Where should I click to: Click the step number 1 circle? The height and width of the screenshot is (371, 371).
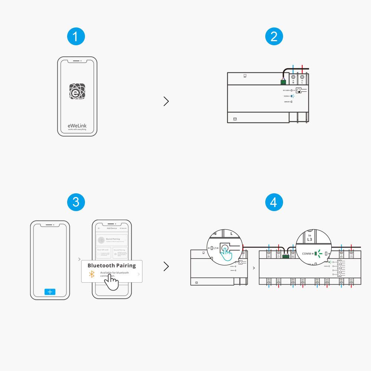(76, 37)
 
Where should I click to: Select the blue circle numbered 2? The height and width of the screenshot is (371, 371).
(274, 37)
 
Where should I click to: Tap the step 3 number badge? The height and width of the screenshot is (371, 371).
(76, 202)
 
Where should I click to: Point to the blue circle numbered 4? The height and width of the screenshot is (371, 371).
(274, 202)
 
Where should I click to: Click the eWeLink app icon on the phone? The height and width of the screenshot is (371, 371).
(77, 91)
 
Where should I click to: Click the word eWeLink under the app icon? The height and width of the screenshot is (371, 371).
(77, 126)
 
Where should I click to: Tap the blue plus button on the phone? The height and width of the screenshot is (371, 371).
(50, 292)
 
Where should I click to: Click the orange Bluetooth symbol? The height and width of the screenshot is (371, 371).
(92, 275)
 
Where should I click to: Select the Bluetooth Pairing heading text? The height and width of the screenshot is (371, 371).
(111, 266)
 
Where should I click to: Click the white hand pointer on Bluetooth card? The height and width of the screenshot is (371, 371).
(111, 282)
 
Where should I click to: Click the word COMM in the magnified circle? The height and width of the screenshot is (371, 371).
(307, 254)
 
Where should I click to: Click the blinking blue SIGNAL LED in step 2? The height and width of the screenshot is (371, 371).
(292, 96)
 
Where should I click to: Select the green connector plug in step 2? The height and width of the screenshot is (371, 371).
(283, 82)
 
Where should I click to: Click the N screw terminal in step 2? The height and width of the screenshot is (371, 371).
(293, 77)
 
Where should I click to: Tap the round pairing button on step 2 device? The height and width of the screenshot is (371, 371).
(298, 90)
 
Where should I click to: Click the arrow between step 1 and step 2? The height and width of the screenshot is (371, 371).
(166, 101)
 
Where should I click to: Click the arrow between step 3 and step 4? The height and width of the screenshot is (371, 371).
(166, 266)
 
